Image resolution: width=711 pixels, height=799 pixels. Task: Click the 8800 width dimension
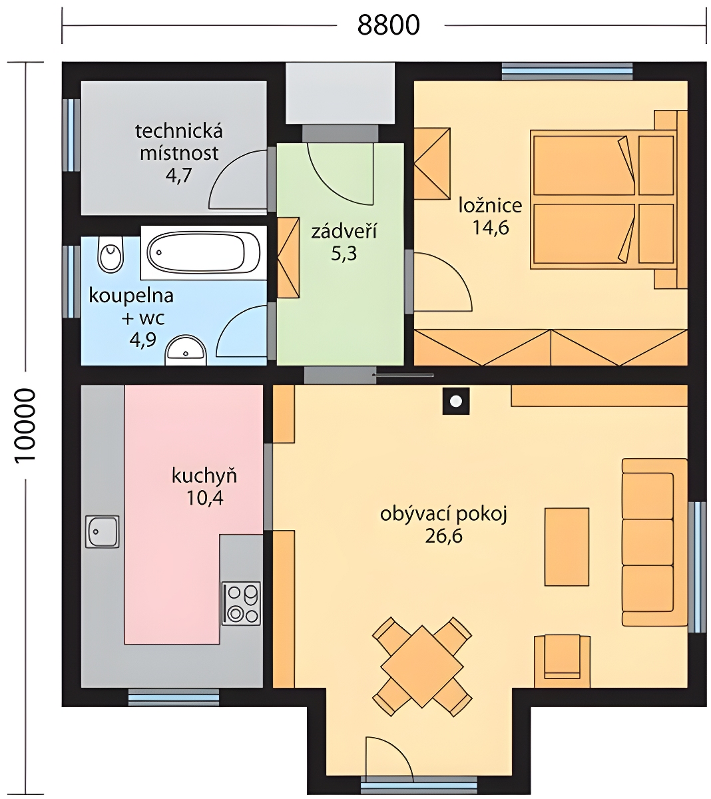point(388,25)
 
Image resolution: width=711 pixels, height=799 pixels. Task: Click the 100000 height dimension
point(25,425)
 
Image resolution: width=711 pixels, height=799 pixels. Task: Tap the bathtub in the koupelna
point(204,252)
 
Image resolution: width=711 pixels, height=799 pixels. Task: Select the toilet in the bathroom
point(111,254)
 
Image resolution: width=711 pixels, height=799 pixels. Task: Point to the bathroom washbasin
point(186,351)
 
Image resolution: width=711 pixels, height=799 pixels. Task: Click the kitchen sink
point(102,531)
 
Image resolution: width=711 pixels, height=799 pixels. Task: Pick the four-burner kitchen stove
point(242,604)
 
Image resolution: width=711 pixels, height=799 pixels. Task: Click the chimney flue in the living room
point(456,401)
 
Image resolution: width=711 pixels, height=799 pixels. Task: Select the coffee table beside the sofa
point(567,547)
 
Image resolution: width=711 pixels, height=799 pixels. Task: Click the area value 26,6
point(443,537)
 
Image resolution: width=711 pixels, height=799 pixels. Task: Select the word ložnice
point(490,206)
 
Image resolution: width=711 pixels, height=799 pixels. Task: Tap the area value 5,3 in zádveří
point(344,254)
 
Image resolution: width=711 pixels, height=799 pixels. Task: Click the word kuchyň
point(204,476)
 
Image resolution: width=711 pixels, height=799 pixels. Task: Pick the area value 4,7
point(178,175)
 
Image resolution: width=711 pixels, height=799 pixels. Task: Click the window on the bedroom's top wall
point(567,71)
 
